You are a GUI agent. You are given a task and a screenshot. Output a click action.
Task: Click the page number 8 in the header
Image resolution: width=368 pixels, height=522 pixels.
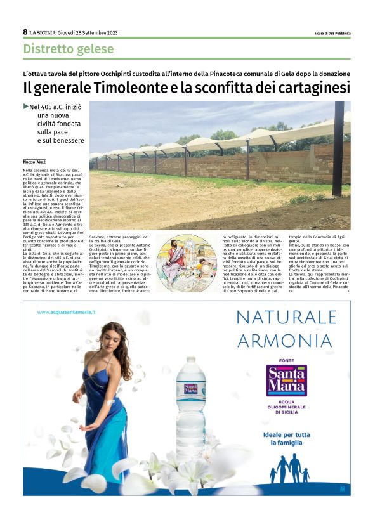point(25,32)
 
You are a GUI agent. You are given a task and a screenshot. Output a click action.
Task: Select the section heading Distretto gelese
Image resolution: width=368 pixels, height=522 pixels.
point(69,49)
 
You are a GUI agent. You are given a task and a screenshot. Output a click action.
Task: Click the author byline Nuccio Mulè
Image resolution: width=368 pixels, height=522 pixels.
point(36,162)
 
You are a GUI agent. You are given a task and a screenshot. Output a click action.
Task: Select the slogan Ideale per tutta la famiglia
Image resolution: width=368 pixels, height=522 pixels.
point(286,439)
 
